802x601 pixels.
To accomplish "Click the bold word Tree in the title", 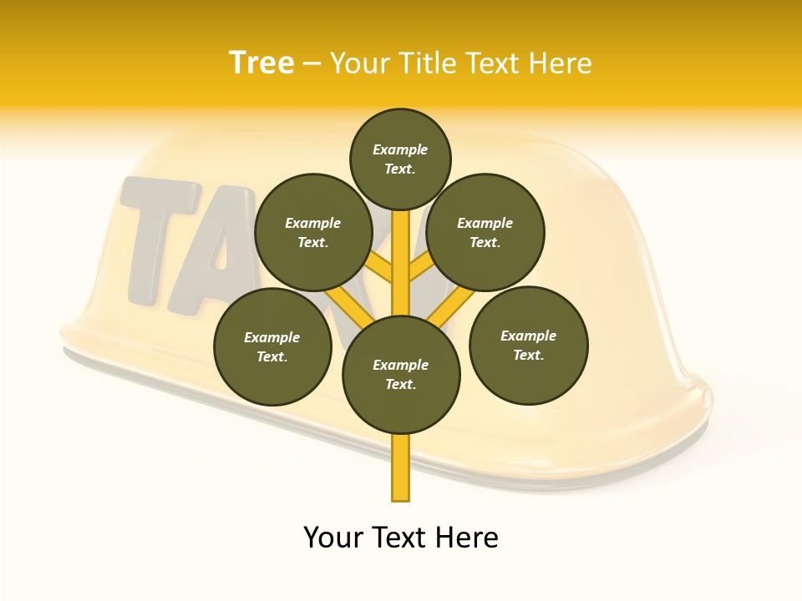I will coord(261,63).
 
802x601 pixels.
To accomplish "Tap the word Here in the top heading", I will coord(561,63).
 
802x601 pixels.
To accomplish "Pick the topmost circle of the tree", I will coord(400,159).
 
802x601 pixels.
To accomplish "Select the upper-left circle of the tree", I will coord(312,233).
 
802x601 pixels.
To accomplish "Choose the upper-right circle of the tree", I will coord(485,233).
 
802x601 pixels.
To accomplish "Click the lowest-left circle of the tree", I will coord(272,346).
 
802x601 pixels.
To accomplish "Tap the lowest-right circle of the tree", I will coord(529,346).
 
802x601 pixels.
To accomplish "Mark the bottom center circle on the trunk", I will coord(401,375).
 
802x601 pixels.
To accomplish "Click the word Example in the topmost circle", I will coord(400,150).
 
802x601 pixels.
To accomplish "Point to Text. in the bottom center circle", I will coord(400,385).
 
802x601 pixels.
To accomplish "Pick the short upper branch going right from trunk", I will coord(423,267).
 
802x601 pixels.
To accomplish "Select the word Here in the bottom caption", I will coord(467,538).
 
